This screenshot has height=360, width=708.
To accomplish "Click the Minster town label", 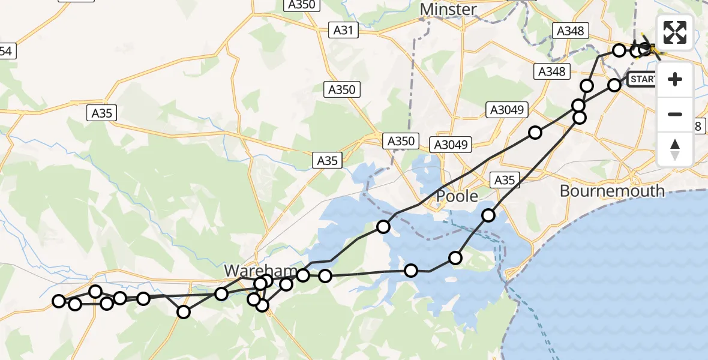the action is coord(448,10).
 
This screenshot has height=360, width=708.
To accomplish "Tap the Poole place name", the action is coord(457,196).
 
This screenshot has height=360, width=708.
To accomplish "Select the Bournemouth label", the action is coord(612,191).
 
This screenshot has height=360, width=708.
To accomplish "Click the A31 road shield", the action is coord(343,30).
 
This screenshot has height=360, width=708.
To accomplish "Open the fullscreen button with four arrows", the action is coord(675,32).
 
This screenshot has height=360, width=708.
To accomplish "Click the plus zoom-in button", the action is coord(675,79).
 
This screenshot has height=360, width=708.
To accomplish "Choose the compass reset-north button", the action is coord(675,149).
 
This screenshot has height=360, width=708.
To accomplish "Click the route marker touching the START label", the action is coord(614,85).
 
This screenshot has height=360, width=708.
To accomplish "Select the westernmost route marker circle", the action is coord(59,301).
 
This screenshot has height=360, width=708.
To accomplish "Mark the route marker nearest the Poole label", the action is coord(488,215).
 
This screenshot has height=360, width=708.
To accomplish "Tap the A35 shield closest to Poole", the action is coord(504,179).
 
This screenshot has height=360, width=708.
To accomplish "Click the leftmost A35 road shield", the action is coord(104,112).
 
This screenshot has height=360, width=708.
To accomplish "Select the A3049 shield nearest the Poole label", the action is coord(452,144).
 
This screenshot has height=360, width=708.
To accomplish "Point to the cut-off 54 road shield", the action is coord(6,52).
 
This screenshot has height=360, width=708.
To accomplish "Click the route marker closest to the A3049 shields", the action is coord(535,133).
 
